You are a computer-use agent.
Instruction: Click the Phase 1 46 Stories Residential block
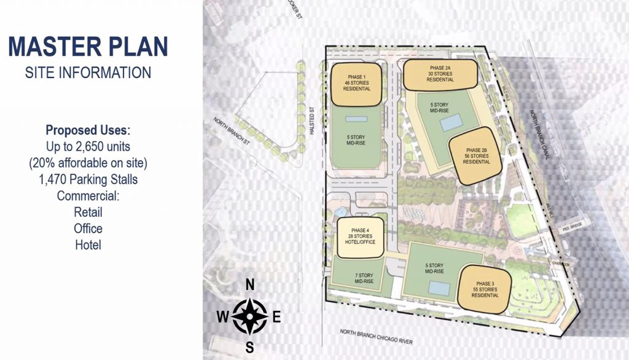click(x=356, y=82)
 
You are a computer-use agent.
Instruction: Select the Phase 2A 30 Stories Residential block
click(x=440, y=74)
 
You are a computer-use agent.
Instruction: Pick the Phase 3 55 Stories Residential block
click(x=483, y=289)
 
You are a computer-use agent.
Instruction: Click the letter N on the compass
click(x=250, y=284)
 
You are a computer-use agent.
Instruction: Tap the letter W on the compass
click(x=222, y=317)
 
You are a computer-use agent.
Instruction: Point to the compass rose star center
click(x=249, y=316)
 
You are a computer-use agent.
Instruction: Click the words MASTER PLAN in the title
click(x=88, y=47)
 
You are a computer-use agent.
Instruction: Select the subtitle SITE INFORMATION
click(x=88, y=72)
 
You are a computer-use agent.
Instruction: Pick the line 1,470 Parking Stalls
click(x=88, y=180)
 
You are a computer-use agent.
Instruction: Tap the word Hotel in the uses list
click(x=87, y=245)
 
